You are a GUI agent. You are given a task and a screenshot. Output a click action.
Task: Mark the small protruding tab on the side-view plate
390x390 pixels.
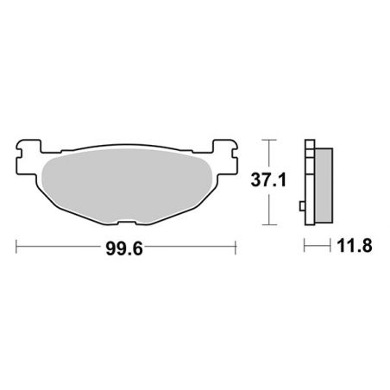(301, 206)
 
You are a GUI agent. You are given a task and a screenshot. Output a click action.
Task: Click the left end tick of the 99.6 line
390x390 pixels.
(18, 247)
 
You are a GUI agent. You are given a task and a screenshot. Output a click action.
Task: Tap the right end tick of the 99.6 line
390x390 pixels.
(236, 247)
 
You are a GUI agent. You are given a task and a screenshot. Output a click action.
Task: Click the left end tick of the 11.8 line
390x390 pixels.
(305, 247)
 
